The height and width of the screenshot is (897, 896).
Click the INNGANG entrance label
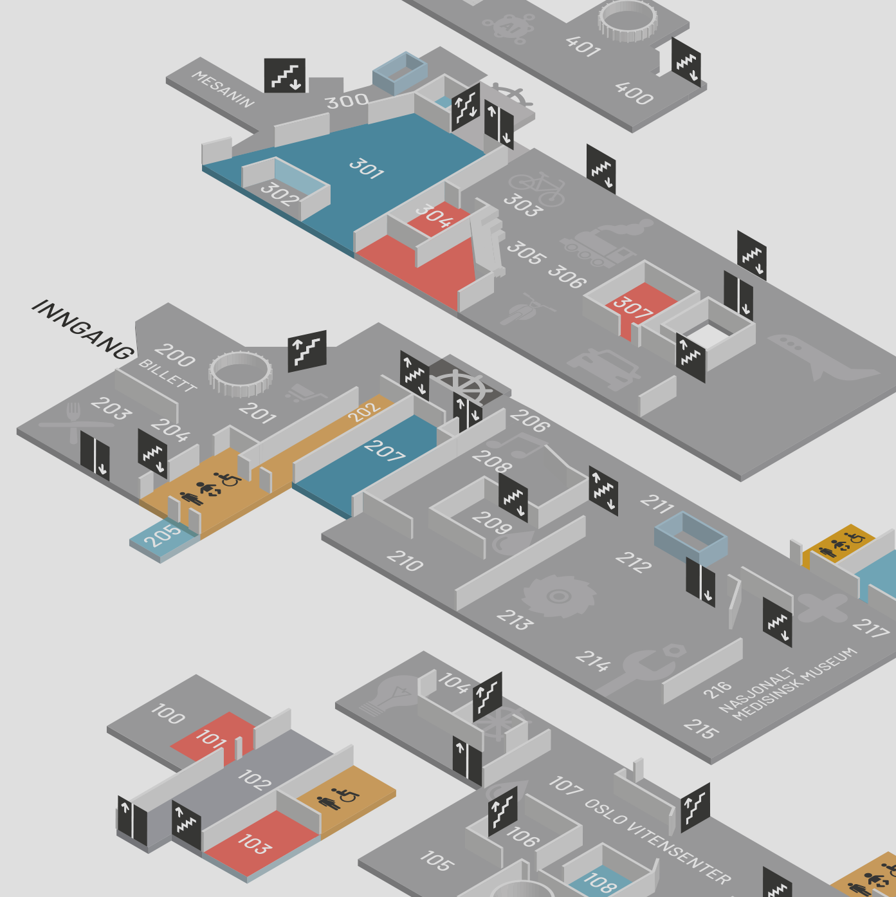tap(83, 330)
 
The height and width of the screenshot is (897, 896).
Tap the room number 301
tap(367, 169)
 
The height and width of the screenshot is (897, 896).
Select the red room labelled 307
tap(641, 306)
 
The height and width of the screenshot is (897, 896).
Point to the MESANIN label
tap(223, 89)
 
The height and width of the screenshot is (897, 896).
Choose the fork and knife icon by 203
tap(75, 423)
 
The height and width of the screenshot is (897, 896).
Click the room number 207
tap(385, 450)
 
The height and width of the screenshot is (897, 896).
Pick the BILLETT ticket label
tap(168, 375)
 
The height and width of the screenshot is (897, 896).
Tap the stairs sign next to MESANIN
tap(284, 75)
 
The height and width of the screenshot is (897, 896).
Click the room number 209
tap(491, 522)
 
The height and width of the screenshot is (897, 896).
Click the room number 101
tap(212, 738)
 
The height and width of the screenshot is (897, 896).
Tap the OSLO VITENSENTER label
tap(657, 842)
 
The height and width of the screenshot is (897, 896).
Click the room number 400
tap(634, 93)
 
